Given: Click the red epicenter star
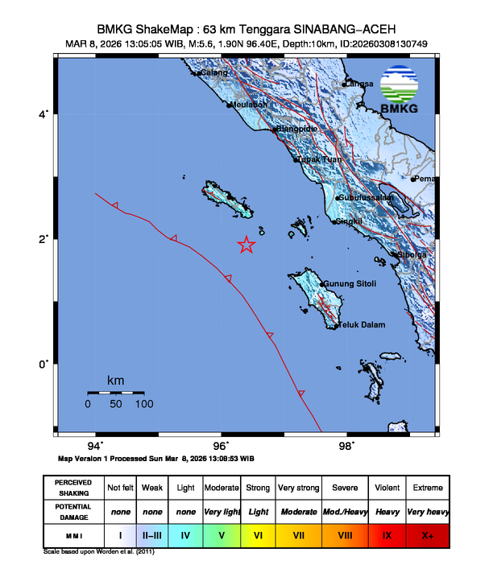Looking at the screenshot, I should tap(246, 245).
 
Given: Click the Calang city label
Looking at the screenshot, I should tap(214, 73).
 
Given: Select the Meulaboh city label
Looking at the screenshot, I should tap(248, 105).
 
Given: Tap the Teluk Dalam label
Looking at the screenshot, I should tap(361, 325).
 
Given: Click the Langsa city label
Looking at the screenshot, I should tap(358, 84).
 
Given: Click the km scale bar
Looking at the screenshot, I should tap(115, 393).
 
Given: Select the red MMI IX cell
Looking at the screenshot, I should tap(387, 534).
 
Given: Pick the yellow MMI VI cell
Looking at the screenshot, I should tap(259, 534).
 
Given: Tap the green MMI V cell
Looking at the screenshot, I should tap(221, 534).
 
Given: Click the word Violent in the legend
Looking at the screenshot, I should tap(387, 488).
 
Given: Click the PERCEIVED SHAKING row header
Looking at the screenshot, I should tap(72, 488).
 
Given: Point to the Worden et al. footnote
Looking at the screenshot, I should tap(98, 552).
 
